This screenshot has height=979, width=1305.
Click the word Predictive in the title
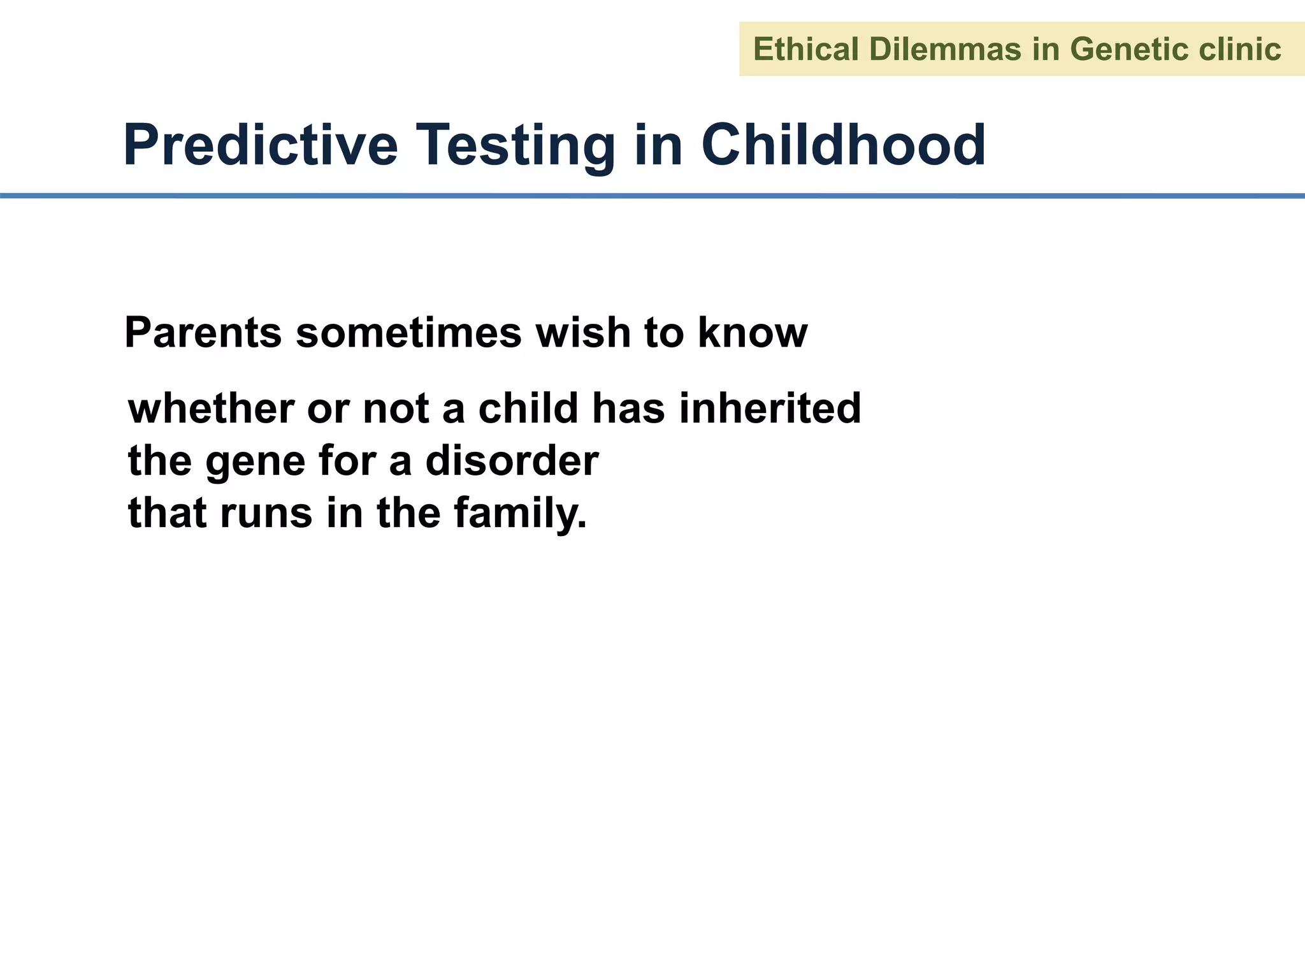[x=260, y=145]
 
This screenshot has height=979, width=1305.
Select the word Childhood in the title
[x=843, y=145]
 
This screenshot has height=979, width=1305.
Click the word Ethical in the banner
[x=805, y=50]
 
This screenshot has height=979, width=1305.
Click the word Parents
[x=203, y=333]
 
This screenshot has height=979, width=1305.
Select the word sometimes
[x=408, y=333]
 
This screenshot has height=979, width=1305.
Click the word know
[x=753, y=333]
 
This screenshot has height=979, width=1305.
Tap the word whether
[x=210, y=409]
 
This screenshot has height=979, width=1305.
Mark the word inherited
[x=770, y=409]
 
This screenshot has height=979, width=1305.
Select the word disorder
[x=512, y=460]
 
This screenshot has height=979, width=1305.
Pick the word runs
[x=266, y=514]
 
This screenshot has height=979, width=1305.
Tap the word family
[x=519, y=514]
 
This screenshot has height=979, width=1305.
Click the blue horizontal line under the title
[x=652, y=196]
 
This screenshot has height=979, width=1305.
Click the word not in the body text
[x=395, y=409]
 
